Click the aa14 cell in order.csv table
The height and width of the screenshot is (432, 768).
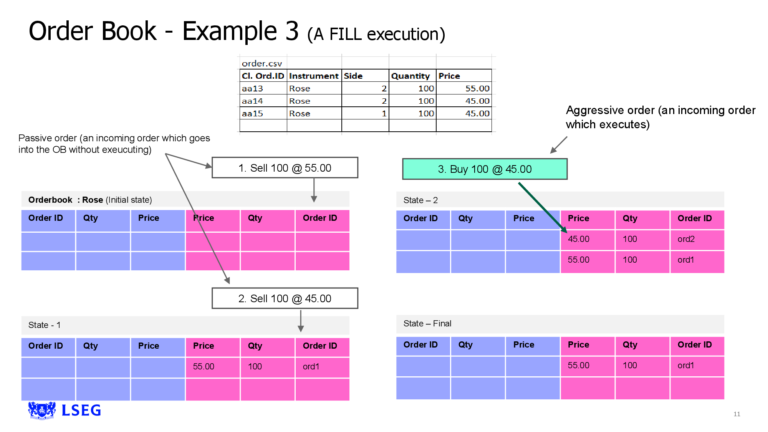[x=252, y=101]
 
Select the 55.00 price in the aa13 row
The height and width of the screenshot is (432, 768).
[x=477, y=88]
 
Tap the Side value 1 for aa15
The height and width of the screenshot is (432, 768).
[x=384, y=114]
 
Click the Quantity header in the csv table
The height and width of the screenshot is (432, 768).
[x=410, y=76]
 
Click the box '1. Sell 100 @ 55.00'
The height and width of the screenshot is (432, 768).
[x=285, y=168]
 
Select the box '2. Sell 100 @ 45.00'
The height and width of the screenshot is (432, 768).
[x=285, y=298]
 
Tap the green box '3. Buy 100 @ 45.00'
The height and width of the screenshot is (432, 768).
[x=484, y=169]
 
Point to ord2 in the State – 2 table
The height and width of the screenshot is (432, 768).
[x=686, y=239]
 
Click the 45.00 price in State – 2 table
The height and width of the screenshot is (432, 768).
[x=578, y=239]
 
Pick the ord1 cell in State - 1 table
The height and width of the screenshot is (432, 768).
[x=311, y=367]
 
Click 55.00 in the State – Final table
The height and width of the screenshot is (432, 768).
[x=578, y=366]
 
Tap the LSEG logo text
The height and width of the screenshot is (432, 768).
[x=81, y=410]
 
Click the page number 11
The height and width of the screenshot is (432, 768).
[x=737, y=414]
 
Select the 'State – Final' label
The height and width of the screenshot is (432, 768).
[x=427, y=324]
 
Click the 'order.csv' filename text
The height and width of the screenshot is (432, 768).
[x=262, y=63]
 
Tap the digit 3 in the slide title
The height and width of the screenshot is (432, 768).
[x=292, y=31]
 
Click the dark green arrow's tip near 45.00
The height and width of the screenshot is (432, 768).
[x=566, y=232]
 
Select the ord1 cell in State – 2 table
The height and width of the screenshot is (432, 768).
[x=685, y=260]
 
